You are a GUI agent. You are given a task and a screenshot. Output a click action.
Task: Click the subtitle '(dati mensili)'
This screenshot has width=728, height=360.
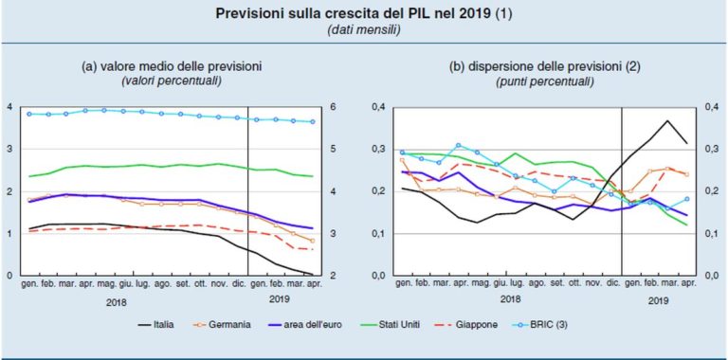tap(363, 30)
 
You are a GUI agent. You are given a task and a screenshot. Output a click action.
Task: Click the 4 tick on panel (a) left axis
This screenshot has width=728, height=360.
tap(9, 107)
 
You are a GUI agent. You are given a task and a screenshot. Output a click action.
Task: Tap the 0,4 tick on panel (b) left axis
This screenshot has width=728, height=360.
tap(377, 107)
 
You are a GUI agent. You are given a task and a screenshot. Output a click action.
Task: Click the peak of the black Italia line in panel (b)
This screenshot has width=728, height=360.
tap(667, 121)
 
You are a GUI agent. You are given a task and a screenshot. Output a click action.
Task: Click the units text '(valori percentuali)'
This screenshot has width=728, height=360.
tap(171, 82)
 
